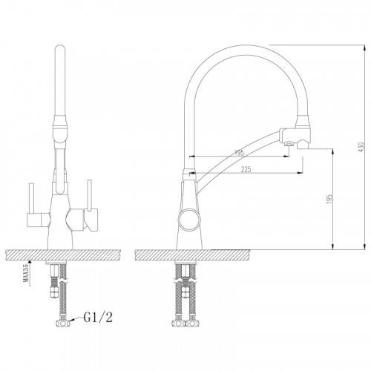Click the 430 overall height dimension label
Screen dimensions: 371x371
click(x=361, y=147)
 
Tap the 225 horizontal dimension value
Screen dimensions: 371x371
click(x=246, y=169)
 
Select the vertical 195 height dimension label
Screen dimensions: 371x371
click(x=329, y=199)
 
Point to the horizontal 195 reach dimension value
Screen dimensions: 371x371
click(x=239, y=153)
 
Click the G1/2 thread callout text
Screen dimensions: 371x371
click(x=98, y=318)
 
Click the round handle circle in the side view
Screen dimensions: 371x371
click(x=189, y=219)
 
